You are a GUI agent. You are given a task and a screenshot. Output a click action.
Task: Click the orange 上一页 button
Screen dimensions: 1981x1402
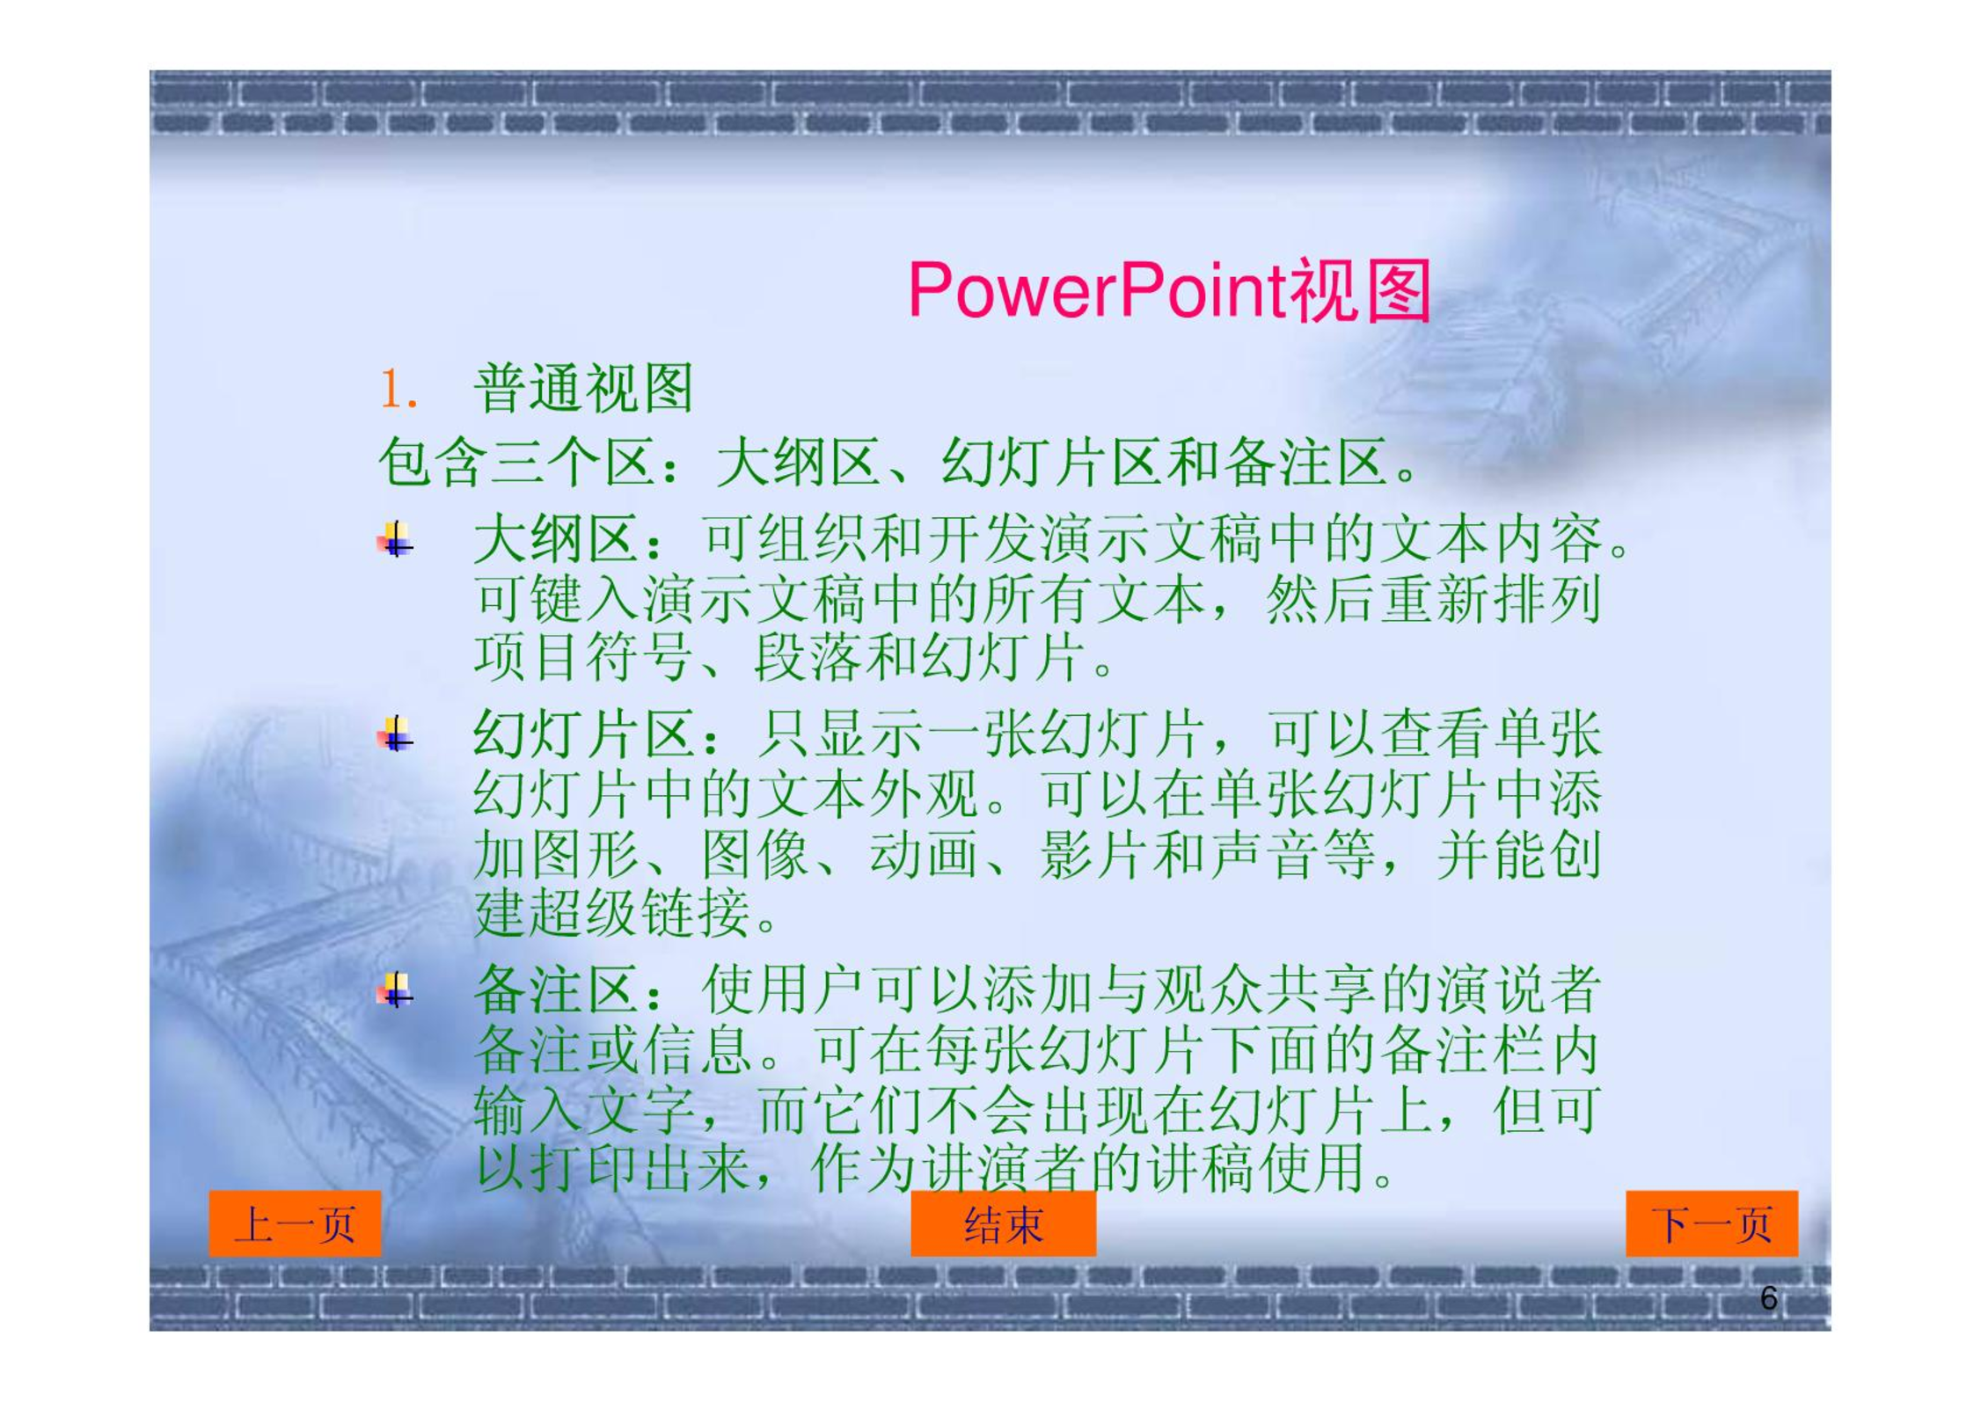coord(295,1223)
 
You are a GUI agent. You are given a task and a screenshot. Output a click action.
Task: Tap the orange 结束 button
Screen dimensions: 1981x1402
coord(1003,1223)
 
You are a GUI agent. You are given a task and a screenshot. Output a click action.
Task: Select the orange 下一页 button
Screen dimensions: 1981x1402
coord(1712,1223)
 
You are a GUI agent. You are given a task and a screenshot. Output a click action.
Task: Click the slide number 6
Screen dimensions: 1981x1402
coord(1768,1298)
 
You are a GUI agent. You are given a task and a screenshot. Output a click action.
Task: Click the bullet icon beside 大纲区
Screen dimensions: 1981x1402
coord(395,539)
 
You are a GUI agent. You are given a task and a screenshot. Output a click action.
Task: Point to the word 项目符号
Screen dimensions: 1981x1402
coord(582,658)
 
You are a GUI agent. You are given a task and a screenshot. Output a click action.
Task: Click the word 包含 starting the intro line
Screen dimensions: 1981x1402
coord(433,463)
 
